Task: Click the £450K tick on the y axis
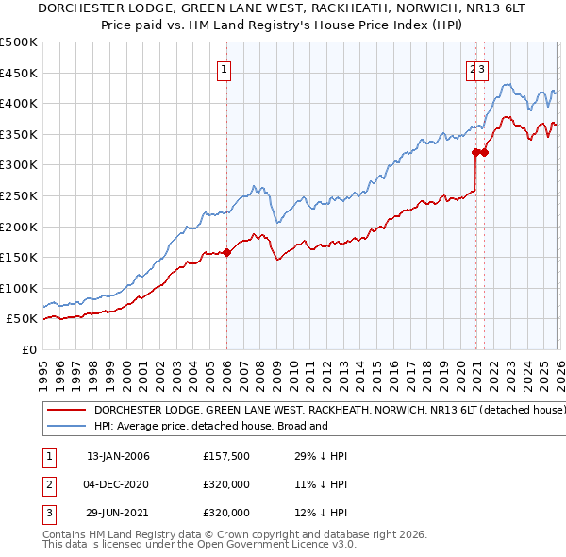coord(19,73)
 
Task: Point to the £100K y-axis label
coord(19,288)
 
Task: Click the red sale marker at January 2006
coord(226,252)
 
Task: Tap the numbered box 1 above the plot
coord(225,68)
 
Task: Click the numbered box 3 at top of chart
coord(481,68)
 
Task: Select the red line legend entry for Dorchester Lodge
coord(329,411)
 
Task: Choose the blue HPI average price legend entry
coord(209,426)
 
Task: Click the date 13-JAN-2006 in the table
coord(118,456)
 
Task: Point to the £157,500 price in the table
coord(225,456)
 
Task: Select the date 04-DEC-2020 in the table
coord(118,484)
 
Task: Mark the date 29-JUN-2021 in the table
coord(118,513)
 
